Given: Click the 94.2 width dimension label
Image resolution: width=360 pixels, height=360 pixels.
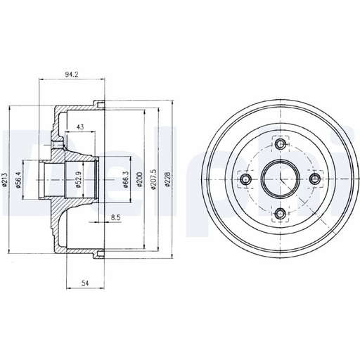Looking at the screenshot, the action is click(72, 75).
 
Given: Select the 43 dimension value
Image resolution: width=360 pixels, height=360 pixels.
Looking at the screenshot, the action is click(80, 127).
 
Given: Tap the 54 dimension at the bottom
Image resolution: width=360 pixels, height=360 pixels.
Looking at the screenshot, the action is click(85, 283).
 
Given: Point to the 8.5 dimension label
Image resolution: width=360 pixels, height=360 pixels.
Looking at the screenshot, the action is click(116, 217).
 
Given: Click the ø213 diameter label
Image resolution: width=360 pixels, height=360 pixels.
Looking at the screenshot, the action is click(6, 179).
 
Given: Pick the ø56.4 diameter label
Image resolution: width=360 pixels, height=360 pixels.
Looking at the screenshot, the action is click(18, 180).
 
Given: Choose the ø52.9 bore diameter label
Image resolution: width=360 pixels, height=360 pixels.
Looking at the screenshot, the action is click(79, 180).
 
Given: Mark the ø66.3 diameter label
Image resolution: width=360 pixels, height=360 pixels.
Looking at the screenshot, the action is click(126, 179).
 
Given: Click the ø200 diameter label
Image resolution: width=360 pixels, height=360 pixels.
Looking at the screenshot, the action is click(140, 179).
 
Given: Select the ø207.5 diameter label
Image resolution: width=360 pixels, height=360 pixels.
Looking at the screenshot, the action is click(153, 179).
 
